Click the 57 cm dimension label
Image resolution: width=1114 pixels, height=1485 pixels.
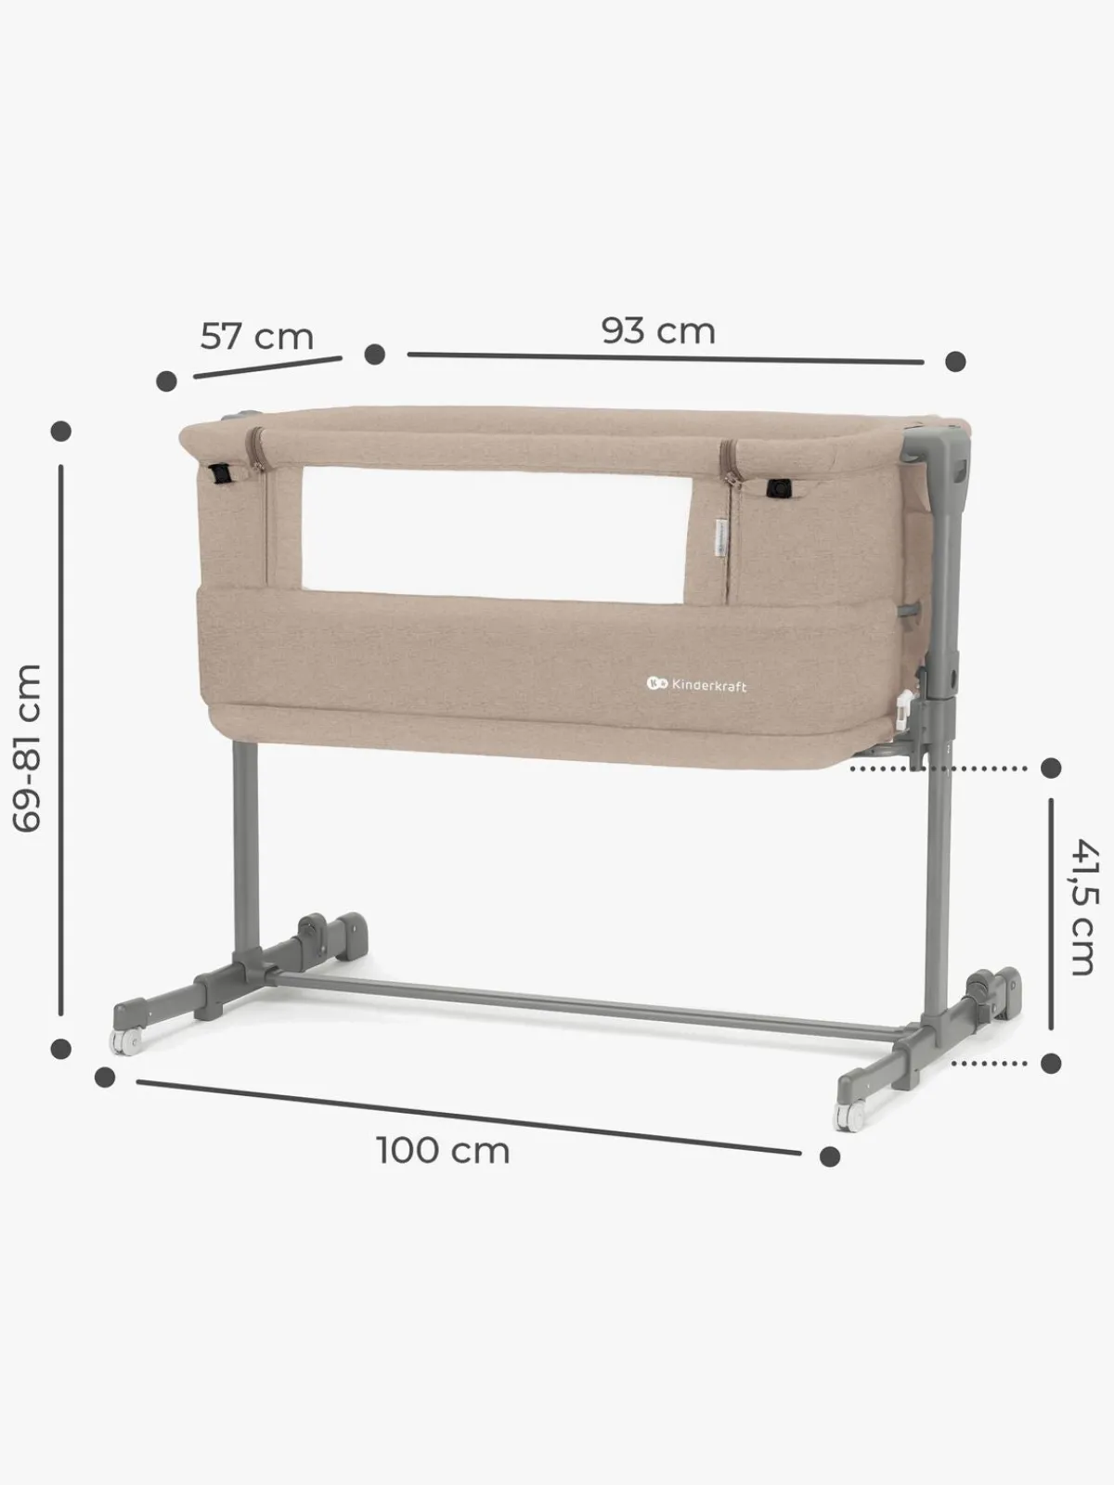click(257, 336)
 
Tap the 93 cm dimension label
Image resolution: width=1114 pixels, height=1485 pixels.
click(658, 330)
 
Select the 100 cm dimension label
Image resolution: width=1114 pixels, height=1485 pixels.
click(443, 1151)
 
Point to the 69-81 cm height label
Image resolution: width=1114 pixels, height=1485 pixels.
click(28, 747)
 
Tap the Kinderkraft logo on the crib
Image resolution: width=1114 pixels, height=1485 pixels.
click(696, 685)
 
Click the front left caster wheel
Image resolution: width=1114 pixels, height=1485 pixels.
click(127, 1042)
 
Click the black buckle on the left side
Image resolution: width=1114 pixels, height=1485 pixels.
click(220, 473)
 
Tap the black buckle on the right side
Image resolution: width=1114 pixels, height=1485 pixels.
click(779, 488)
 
